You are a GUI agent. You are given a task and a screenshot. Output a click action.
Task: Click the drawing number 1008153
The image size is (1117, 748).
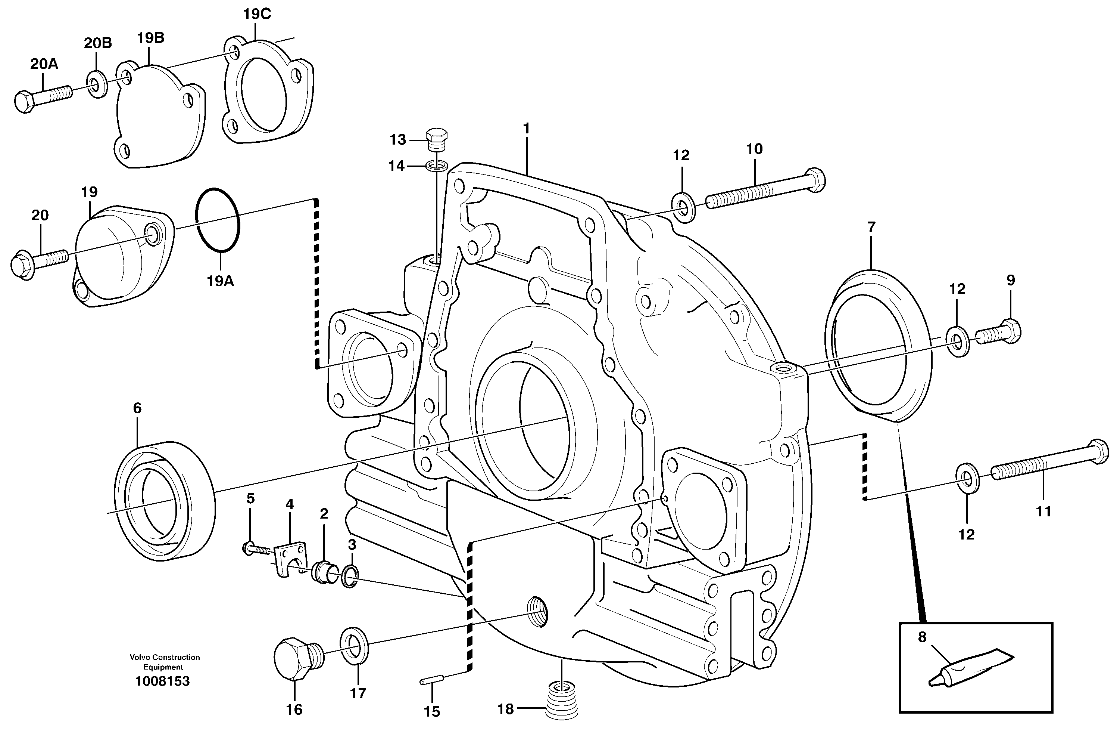click(162, 681)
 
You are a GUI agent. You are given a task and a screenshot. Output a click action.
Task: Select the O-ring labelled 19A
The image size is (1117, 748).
click(218, 219)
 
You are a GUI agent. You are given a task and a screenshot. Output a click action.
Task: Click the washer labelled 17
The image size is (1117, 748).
click(354, 645)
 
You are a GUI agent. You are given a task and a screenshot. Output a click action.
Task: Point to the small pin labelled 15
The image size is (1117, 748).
click(432, 681)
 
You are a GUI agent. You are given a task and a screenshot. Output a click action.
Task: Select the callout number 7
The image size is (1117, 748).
click(871, 227)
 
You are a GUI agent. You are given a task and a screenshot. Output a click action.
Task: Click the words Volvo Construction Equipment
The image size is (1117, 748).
click(165, 662)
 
